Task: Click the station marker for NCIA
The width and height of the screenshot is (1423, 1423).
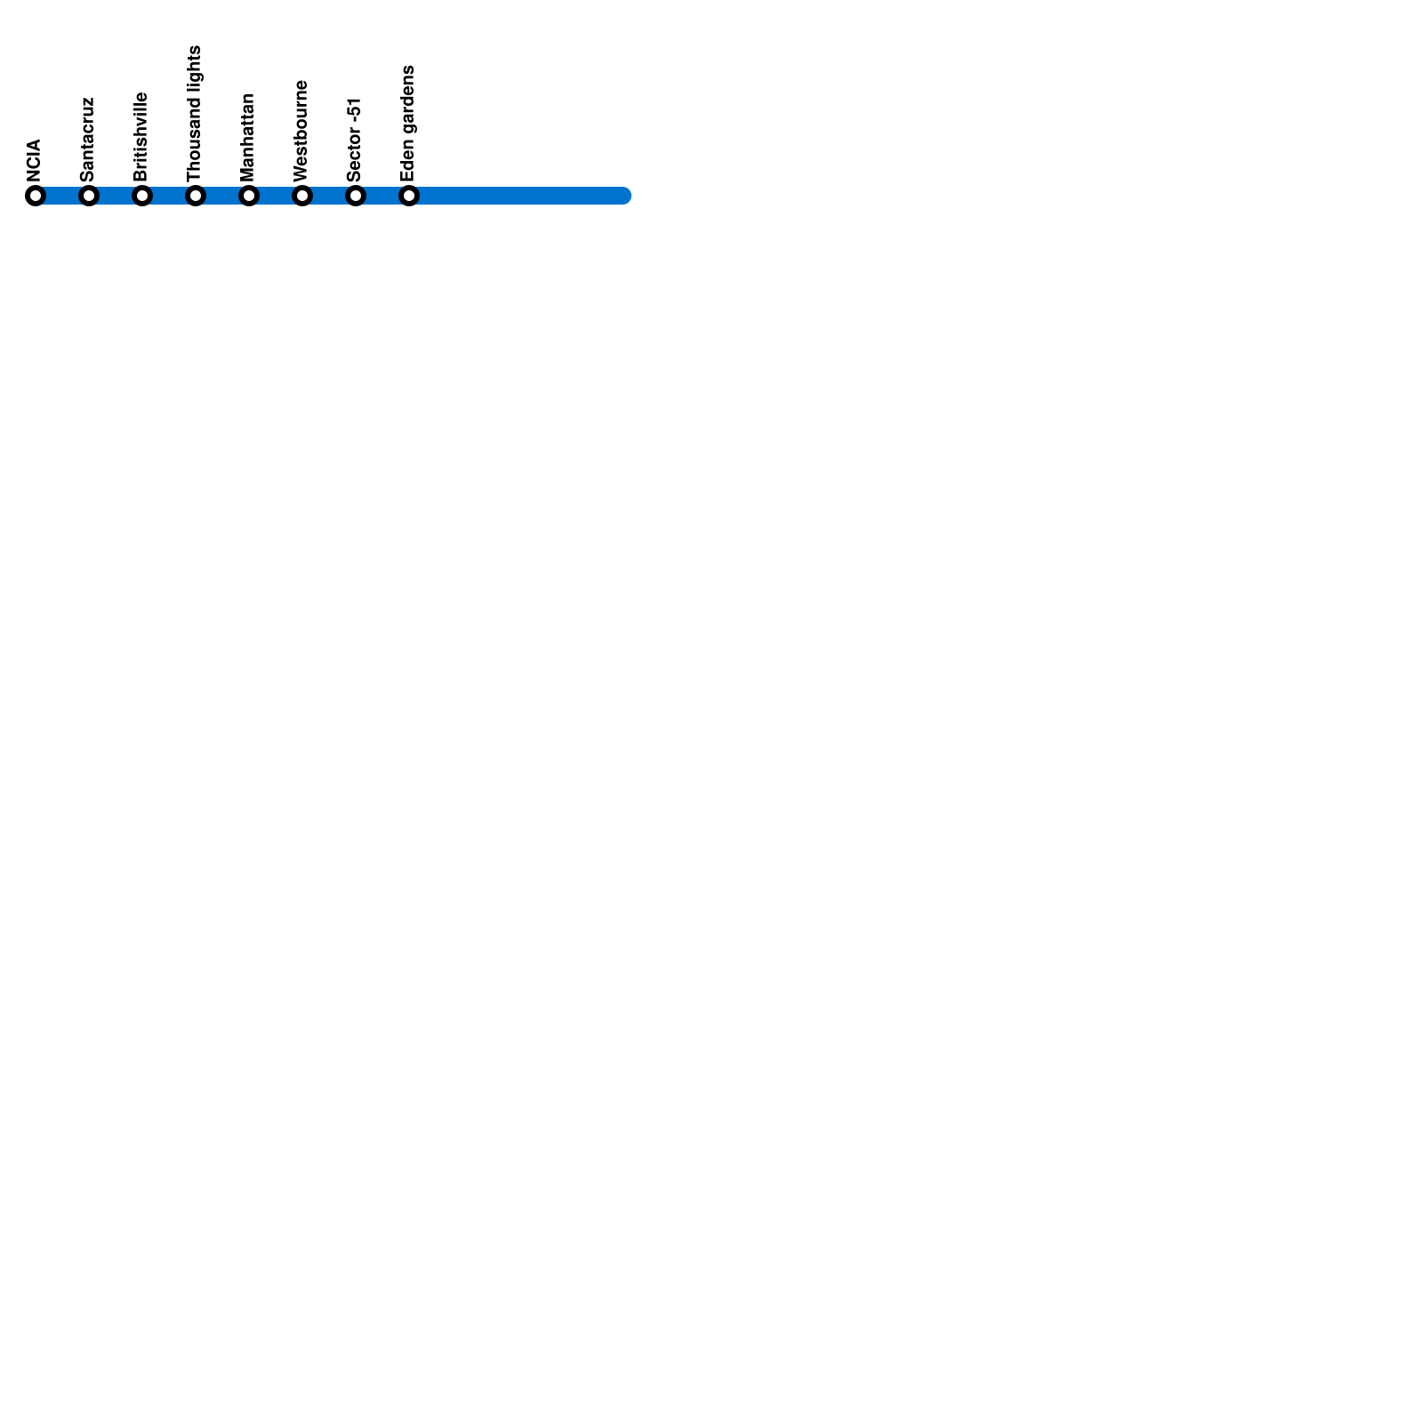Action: point(36,196)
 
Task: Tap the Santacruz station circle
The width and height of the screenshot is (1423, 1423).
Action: point(89,196)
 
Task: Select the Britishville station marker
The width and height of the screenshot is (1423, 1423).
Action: point(142,196)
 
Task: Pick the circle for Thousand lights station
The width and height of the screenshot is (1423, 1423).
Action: point(196,196)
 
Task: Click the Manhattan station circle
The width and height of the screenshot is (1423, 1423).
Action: point(249,196)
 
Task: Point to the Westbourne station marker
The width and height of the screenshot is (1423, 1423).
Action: point(302,196)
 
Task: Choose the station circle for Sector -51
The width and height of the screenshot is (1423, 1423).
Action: point(356,196)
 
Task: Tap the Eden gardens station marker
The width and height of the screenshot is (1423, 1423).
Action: point(409,196)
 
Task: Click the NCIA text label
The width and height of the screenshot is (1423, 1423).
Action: point(35,160)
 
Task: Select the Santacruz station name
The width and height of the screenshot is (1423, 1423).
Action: point(87,140)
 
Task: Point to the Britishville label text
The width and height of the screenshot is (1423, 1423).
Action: point(141,137)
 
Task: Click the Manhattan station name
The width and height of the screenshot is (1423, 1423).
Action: point(248,138)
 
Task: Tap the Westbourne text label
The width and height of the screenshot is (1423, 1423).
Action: point(301,131)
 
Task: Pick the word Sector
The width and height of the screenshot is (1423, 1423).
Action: point(355,155)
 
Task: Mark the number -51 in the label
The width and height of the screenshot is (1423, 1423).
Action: point(355,109)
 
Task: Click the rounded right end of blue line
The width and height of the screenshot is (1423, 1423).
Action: point(624,196)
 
